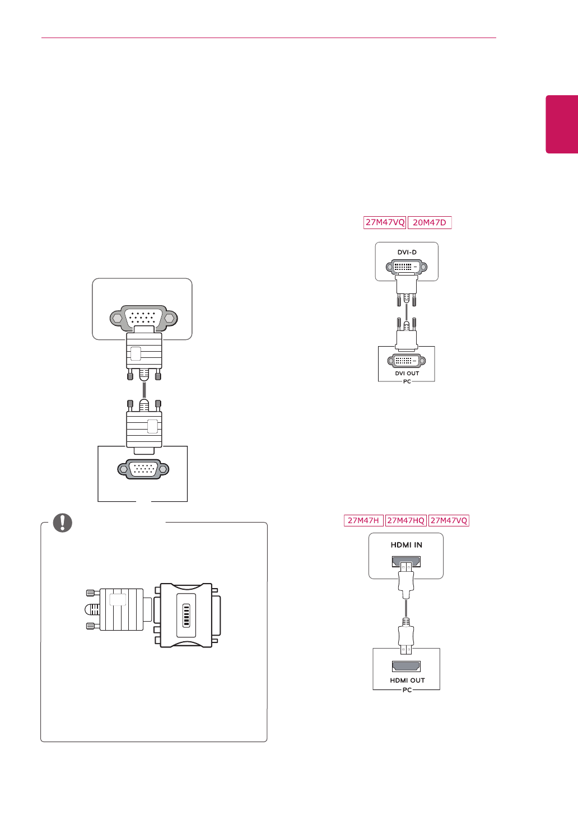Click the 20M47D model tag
pyautogui.click(x=430, y=222)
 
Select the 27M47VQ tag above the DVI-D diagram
pyautogui.click(x=385, y=222)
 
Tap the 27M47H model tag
pyautogui.click(x=363, y=520)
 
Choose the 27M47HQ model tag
pyautogui.click(x=406, y=520)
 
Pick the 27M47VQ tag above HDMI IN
pyautogui.click(x=449, y=520)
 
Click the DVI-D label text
pyautogui.click(x=407, y=253)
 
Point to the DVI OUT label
pyautogui.click(x=407, y=374)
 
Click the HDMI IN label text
pyautogui.click(x=407, y=545)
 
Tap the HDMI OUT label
pyautogui.click(x=407, y=680)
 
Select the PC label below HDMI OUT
pyautogui.click(x=407, y=690)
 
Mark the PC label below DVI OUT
pyautogui.click(x=407, y=381)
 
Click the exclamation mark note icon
pyautogui.click(x=63, y=522)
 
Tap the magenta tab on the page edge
pyautogui.click(x=562, y=124)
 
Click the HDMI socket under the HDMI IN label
pyautogui.click(x=407, y=562)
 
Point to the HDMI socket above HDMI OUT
pyautogui.click(x=407, y=666)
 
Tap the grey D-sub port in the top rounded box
pyautogui.click(x=144, y=318)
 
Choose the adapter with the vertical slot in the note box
pyautogui.click(x=187, y=616)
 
